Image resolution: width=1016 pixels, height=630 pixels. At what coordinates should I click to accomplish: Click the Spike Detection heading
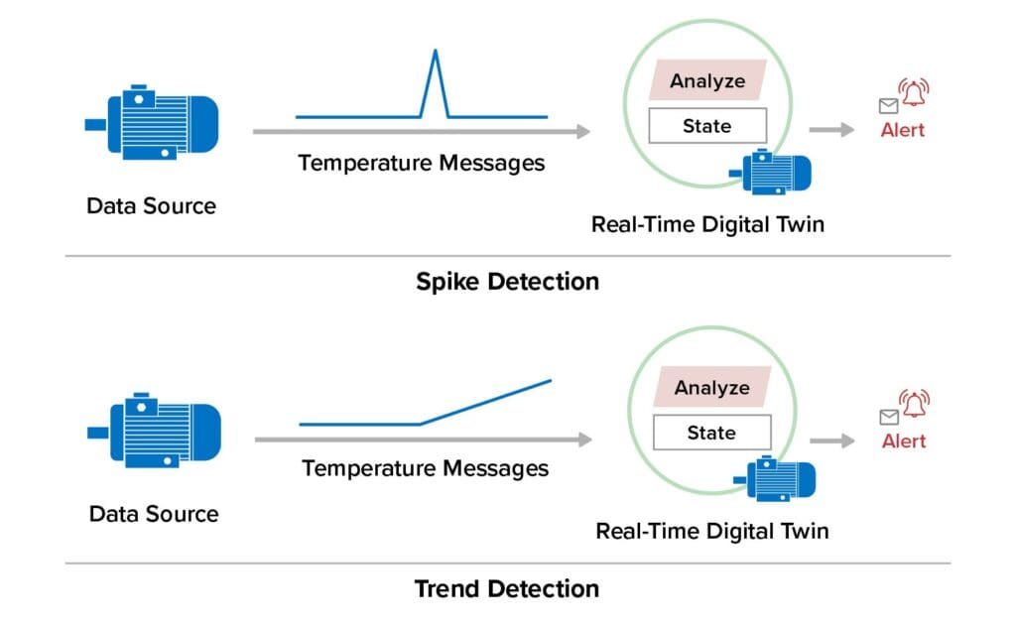pos(507,281)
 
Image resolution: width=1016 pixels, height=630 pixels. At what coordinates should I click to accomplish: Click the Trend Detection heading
pos(507,588)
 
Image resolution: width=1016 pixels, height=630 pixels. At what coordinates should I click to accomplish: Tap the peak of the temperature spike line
pos(435,51)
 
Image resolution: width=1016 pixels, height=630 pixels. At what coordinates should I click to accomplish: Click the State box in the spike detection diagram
pos(706,126)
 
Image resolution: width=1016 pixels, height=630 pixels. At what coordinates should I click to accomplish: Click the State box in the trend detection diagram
pos(710,433)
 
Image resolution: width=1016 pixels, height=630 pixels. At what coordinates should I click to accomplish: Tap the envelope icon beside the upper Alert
pos(888,106)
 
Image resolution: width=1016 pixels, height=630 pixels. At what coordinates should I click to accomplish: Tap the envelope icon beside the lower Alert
pos(889,417)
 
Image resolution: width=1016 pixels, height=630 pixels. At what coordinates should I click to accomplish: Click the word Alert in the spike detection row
pos(902,130)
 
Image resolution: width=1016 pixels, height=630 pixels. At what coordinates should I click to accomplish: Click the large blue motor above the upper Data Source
pos(152,122)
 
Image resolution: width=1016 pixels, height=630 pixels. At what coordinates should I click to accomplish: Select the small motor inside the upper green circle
pos(772,172)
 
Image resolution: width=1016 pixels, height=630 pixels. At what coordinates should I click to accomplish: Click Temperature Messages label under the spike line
pos(422,163)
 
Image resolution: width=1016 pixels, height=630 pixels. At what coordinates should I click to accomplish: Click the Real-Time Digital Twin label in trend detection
pos(711,531)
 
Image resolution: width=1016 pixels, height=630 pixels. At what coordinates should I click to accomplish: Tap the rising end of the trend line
pos(549,381)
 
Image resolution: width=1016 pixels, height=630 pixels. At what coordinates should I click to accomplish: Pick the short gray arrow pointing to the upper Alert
pos(831,130)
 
